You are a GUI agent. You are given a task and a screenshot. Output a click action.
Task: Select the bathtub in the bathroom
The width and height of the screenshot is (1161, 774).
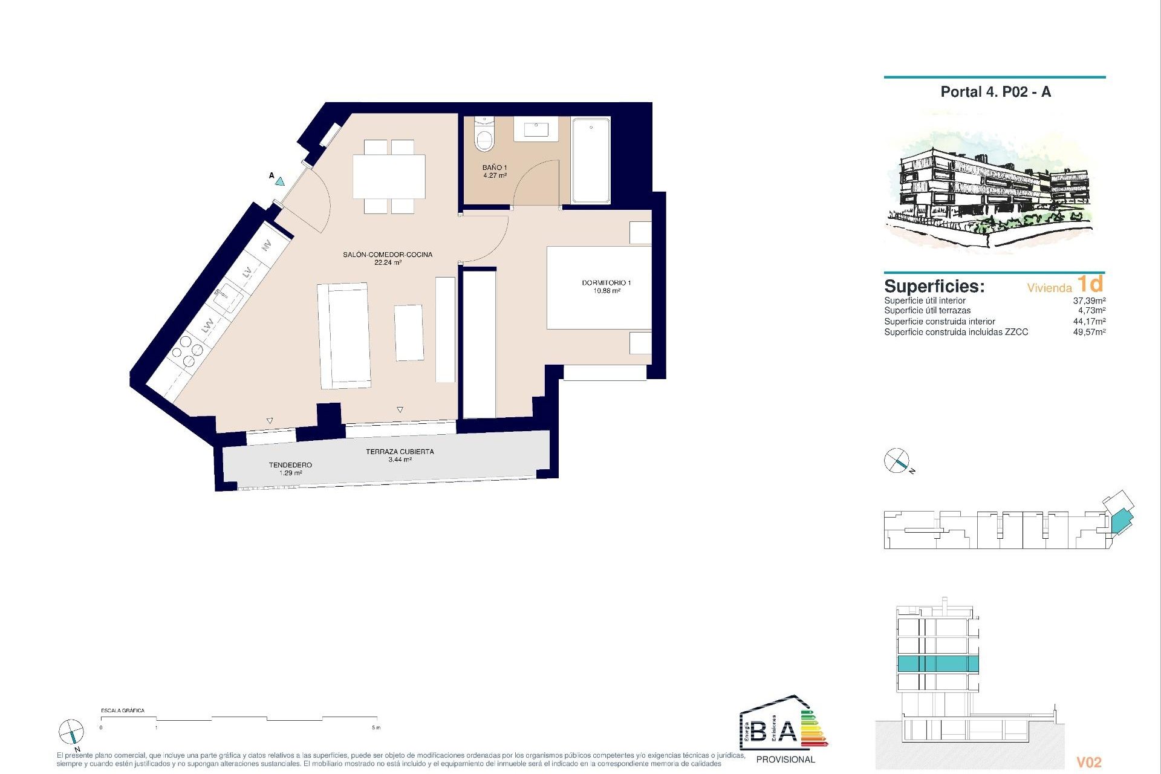click(x=591, y=160)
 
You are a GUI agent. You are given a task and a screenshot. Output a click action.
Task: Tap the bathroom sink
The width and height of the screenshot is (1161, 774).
click(x=536, y=128)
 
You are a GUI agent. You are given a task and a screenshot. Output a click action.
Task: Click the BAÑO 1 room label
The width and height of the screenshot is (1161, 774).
click(x=495, y=171)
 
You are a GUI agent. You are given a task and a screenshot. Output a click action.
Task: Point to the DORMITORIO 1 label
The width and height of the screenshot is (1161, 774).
click(x=606, y=287)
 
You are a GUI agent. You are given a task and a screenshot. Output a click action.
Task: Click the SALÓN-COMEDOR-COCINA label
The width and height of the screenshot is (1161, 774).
click(x=388, y=258)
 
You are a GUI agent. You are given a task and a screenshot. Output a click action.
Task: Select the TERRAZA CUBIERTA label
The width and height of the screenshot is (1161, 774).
click(x=400, y=455)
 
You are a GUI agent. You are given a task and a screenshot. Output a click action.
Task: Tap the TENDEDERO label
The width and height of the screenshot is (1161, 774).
click(x=290, y=469)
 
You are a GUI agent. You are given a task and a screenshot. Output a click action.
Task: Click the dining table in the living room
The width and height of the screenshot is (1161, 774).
click(x=389, y=176)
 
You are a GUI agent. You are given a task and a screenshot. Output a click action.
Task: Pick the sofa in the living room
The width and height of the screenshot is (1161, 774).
click(x=344, y=336)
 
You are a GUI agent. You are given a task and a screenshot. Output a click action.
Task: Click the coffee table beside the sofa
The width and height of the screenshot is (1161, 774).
click(x=409, y=333)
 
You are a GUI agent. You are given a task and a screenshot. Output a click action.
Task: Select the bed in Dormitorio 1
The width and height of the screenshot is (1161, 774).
click(x=599, y=288)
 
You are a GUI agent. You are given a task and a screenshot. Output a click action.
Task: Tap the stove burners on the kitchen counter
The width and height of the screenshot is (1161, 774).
click(x=187, y=351)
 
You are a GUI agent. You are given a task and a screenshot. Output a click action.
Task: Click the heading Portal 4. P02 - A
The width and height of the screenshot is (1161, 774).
click(x=995, y=92)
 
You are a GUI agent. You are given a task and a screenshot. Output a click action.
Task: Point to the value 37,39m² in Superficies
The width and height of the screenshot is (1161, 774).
click(x=1089, y=301)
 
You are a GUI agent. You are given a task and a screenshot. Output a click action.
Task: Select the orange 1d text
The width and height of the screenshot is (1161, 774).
click(x=1090, y=284)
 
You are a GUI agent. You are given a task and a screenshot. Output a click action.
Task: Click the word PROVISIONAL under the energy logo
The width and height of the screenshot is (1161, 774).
click(x=785, y=759)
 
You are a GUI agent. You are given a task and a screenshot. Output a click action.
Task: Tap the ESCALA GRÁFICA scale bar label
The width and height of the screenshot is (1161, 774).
click(x=123, y=711)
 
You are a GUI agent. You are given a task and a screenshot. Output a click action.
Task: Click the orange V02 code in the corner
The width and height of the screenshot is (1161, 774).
click(x=1089, y=763)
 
